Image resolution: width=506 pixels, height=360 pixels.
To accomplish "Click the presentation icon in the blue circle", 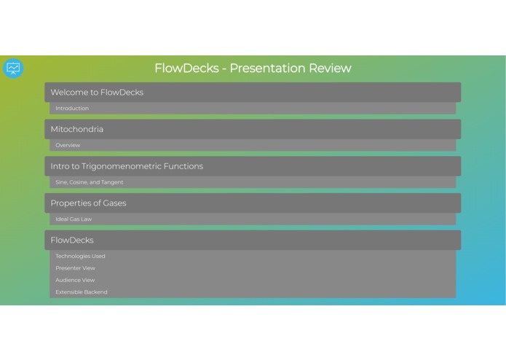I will click(13, 69).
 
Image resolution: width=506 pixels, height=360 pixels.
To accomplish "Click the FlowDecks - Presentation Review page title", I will click(253, 69).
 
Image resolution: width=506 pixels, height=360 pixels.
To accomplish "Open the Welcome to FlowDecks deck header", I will click(253, 93).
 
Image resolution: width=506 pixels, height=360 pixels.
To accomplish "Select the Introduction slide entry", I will click(72, 109).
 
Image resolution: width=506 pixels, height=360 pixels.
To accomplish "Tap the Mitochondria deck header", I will click(253, 130).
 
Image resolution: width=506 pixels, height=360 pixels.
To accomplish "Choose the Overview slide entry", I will click(68, 146).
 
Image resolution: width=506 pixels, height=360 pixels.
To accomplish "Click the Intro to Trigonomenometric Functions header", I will click(253, 166).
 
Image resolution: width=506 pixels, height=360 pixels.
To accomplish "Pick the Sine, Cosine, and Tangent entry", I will click(90, 182).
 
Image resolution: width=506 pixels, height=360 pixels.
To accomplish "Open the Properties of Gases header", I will click(253, 203).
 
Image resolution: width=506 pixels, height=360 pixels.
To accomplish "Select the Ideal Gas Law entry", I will click(74, 219).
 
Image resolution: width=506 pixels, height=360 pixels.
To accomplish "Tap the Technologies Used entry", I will click(80, 257).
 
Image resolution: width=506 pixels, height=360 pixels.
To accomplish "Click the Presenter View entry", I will click(75, 268).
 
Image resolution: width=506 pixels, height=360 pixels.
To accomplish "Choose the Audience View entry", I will click(75, 280).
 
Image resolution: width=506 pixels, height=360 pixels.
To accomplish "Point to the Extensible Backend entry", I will click(82, 292).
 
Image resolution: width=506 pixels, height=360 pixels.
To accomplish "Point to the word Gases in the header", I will click(113, 203).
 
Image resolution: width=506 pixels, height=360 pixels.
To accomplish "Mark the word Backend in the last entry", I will click(95, 292).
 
